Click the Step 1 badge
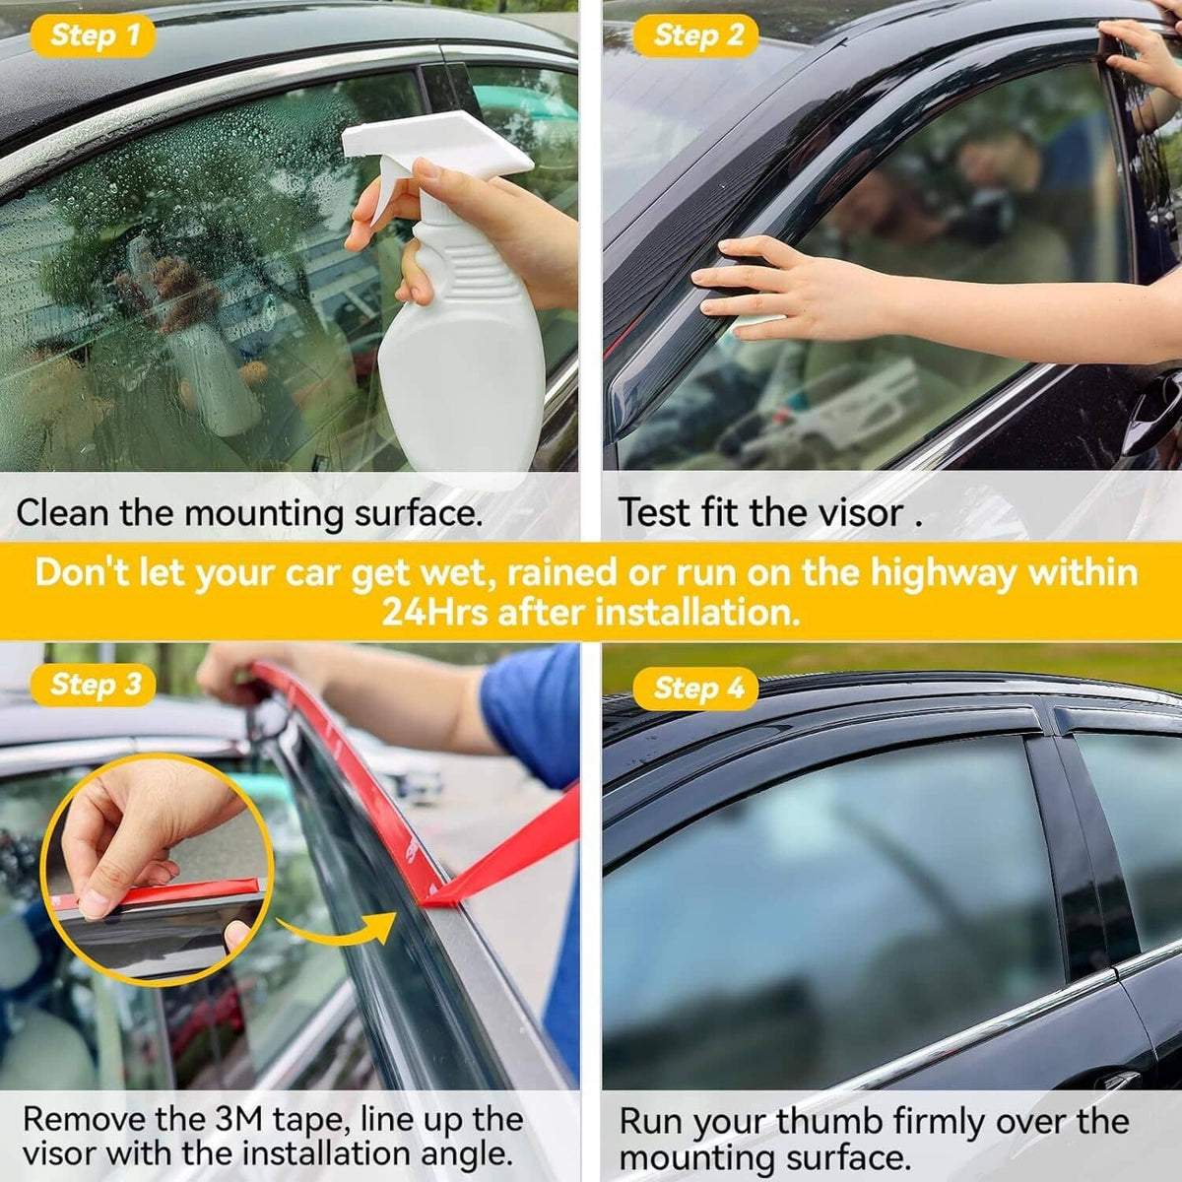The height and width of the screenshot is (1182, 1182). point(94,34)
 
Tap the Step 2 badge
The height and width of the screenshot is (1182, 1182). point(696,34)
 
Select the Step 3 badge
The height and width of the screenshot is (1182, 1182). point(94,685)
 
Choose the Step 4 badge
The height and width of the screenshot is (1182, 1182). point(696,689)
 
